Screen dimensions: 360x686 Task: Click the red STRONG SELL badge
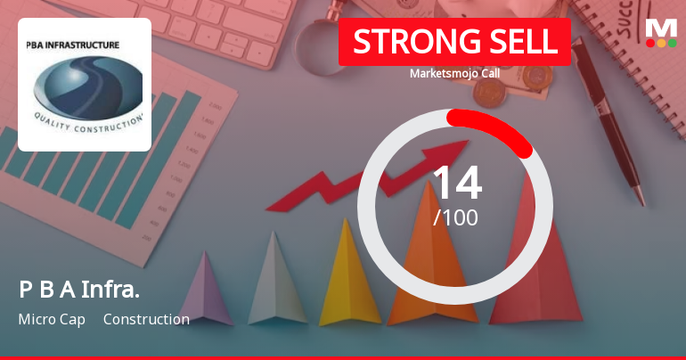pos(454,42)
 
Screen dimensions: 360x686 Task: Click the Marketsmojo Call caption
pos(454,73)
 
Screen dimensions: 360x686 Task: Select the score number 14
pos(456,184)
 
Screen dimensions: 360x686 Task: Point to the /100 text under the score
pos(455,217)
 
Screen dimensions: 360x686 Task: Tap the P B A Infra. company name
pos(79,290)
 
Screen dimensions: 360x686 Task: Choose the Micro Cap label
pos(51,319)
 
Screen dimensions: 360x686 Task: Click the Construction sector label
pos(146,319)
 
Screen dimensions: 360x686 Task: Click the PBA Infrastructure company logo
pos(85,85)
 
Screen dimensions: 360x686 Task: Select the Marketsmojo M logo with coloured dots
pos(661,32)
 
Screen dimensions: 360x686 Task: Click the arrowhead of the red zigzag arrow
pos(455,151)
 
